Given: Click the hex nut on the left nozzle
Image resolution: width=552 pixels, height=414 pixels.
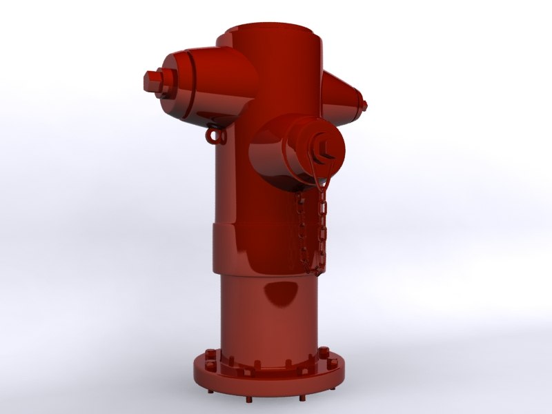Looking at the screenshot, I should [152, 82].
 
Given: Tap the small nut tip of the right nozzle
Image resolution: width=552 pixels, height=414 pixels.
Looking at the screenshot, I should [362, 106].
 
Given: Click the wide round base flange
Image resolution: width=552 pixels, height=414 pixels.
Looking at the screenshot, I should [269, 376].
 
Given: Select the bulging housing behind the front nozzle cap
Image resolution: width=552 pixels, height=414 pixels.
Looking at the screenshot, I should [266, 155].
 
